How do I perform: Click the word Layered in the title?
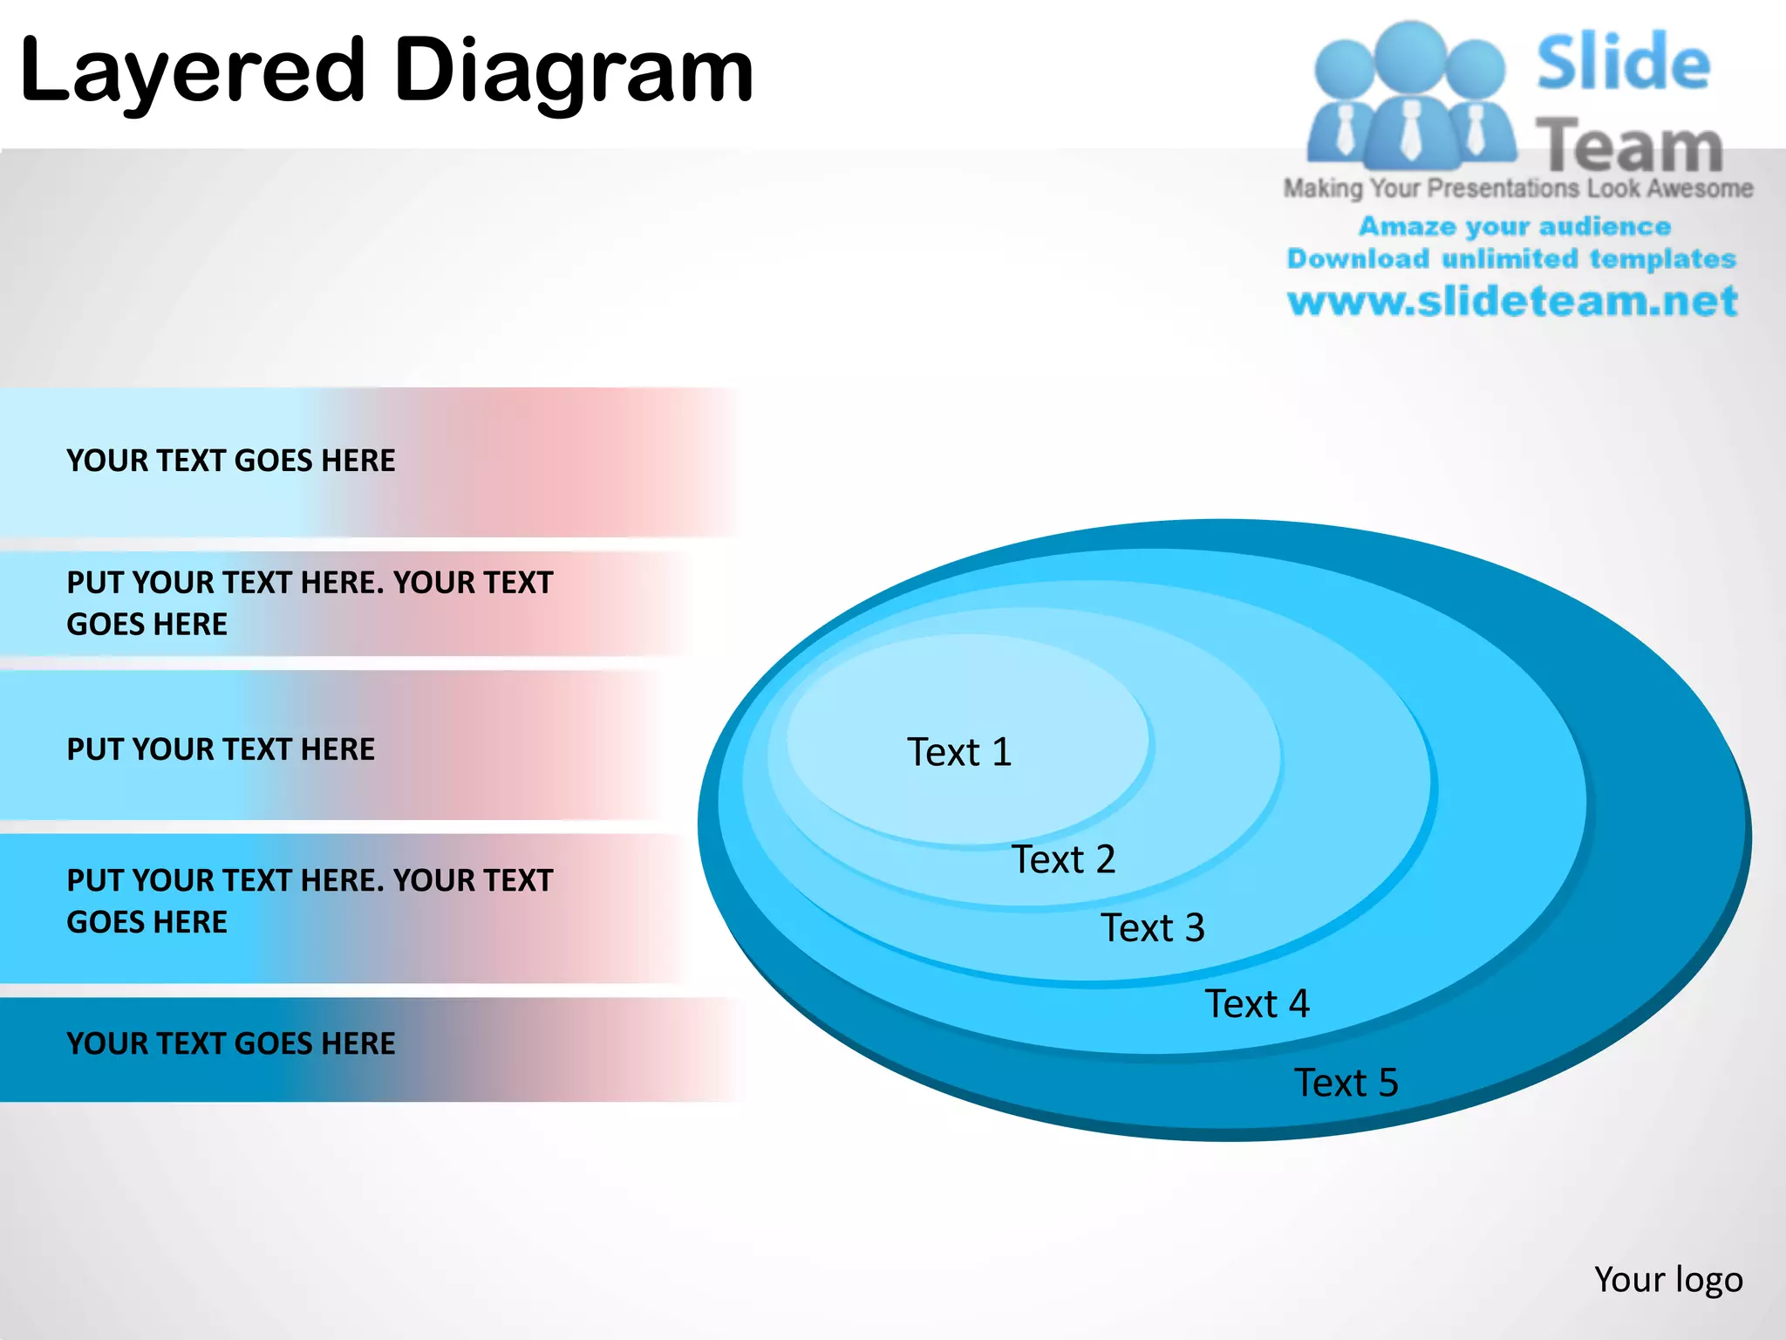pyautogui.click(x=192, y=72)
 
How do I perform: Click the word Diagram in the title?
pyautogui.click(x=573, y=72)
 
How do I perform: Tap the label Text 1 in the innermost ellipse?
pyautogui.click(x=959, y=752)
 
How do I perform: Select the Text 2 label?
pyautogui.click(x=1063, y=859)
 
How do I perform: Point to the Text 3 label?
pyautogui.click(x=1152, y=927)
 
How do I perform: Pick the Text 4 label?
pyautogui.click(x=1257, y=1003)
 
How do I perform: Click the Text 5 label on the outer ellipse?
pyautogui.click(x=1346, y=1083)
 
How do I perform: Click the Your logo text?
pyautogui.click(x=1667, y=1280)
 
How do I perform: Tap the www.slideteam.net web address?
pyautogui.click(x=1512, y=301)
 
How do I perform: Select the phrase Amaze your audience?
pyautogui.click(x=1514, y=226)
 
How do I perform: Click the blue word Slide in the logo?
pyautogui.click(x=1623, y=63)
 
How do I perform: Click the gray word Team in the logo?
pyautogui.click(x=1629, y=147)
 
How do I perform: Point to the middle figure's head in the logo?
pyautogui.click(x=1410, y=54)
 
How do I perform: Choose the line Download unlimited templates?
pyautogui.click(x=1511, y=258)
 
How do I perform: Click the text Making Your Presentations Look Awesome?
pyautogui.click(x=1517, y=188)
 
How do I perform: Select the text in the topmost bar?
pyautogui.click(x=230, y=461)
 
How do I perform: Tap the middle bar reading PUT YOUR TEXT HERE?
pyautogui.click(x=221, y=749)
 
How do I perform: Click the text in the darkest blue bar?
pyautogui.click(x=230, y=1043)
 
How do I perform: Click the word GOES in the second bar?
pyautogui.click(x=103, y=625)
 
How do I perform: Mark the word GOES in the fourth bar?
pyautogui.click(x=103, y=922)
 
